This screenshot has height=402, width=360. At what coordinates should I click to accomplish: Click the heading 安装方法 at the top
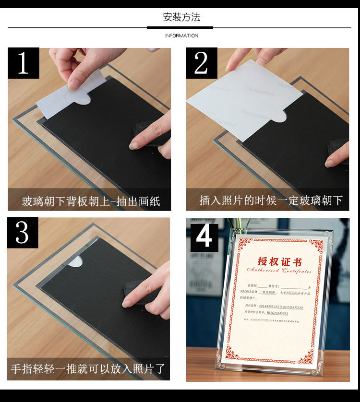(181, 18)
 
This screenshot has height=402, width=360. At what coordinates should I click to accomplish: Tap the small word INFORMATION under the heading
(181, 36)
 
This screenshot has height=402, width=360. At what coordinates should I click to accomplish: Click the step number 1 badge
(23, 63)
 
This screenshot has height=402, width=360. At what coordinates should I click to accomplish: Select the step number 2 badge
(202, 63)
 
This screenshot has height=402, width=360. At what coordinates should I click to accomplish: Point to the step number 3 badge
(23, 233)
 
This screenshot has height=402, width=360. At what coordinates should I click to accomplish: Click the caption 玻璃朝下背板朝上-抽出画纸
(91, 201)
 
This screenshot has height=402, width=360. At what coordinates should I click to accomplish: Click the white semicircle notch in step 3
(75, 262)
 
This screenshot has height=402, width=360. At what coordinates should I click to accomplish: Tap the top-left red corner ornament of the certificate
(245, 245)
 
